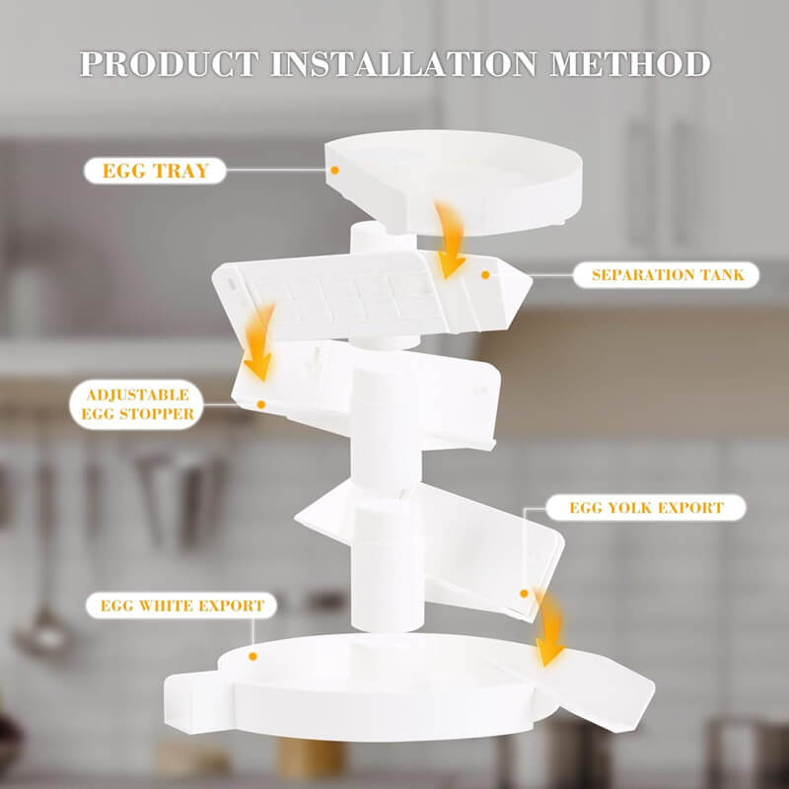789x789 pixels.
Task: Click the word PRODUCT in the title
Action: (x=169, y=64)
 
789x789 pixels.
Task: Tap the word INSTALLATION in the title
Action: (x=404, y=64)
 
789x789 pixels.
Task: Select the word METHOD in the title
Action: (x=630, y=64)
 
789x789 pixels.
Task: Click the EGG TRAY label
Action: (x=156, y=171)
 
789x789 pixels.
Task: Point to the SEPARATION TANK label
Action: (x=667, y=275)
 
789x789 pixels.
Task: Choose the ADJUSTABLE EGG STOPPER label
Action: (x=137, y=404)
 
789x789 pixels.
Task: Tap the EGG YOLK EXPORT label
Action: (x=646, y=507)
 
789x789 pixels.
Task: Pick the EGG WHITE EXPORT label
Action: (x=182, y=606)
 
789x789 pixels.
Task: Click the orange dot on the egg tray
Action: (x=334, y=171)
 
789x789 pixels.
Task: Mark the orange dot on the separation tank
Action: (x=485, y=275)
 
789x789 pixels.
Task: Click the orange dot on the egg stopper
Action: (x=260, y=404)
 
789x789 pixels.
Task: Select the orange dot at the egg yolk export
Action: (x=524, y=594)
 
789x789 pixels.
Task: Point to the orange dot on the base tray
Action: (x=253, y=656)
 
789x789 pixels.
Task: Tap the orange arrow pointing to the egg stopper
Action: (x=259, y=342)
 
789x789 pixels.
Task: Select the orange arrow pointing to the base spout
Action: (x=548, y=629)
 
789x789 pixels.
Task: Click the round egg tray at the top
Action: (x=454, y=182)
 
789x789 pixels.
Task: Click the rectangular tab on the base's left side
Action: (x=199, y=702)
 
